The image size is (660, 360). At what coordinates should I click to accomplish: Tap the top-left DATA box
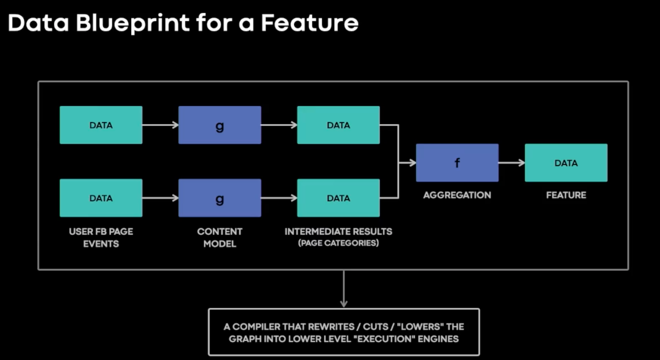point(101,125)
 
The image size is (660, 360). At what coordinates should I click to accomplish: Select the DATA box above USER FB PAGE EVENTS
point(101,198)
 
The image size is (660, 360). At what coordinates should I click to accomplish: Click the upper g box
point(220,125)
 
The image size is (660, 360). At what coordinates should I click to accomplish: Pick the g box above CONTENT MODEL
point(220,198)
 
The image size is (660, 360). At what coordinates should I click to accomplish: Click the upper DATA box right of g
point(338,125)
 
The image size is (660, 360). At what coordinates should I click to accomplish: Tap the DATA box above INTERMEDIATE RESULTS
point(338,198)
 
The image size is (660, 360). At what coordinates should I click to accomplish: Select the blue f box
point(457,163)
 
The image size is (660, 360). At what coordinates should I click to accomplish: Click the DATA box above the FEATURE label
point(566,163)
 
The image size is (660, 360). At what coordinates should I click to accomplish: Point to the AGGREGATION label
point(457,195)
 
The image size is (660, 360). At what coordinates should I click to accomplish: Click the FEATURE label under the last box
point(566,195)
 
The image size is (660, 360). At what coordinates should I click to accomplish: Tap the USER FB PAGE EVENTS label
point(101,238)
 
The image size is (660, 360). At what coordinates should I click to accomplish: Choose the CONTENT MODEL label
point(220,238)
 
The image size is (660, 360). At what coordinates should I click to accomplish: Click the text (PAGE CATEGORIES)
point(338,243)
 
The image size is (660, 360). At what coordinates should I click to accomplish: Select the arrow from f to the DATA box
point(512,163)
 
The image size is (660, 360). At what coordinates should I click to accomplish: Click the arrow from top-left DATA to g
point(161,125)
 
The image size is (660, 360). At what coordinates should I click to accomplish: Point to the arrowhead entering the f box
point(412,163)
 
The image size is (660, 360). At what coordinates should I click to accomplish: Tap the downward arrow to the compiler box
point(344,289)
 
